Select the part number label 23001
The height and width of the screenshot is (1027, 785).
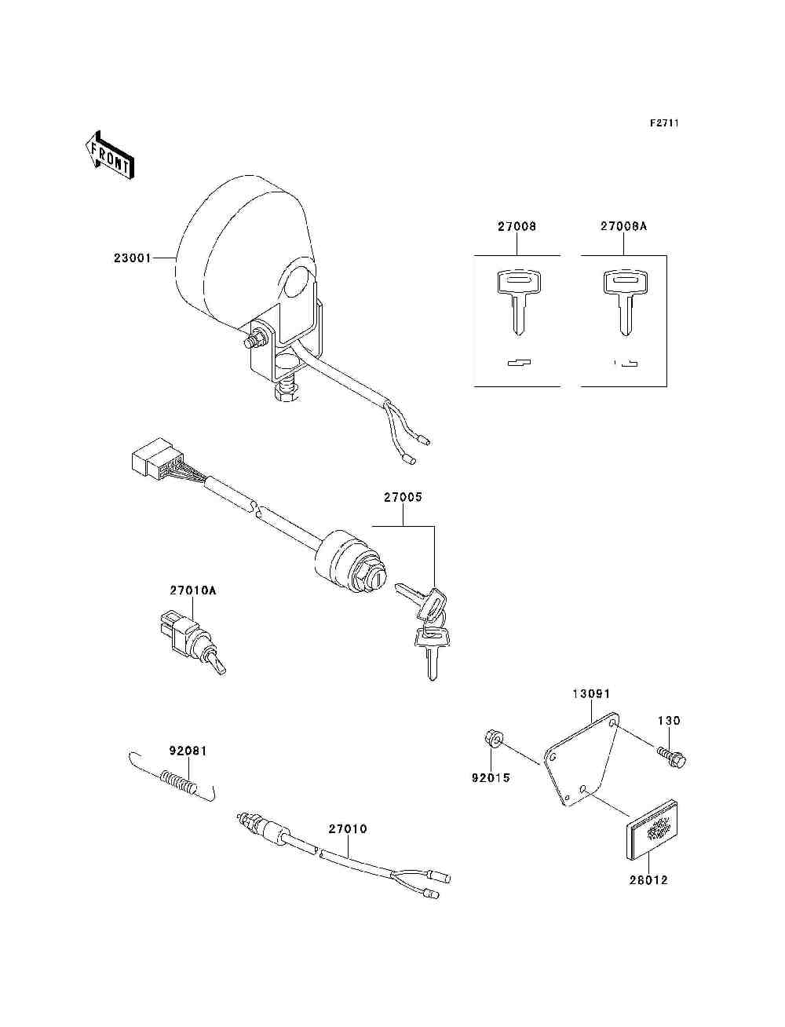[132, 258]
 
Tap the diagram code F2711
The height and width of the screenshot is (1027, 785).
[663, 124]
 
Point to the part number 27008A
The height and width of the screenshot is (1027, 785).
[624, 226]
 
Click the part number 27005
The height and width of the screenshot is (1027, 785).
[403, 497]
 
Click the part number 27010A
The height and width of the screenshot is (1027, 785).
[193, 590]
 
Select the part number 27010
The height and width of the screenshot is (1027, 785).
[348, 829]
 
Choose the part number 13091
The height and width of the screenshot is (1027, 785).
[591, 694]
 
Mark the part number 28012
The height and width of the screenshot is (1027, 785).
[648, 880]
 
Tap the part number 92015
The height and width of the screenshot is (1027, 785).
[491, 778]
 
